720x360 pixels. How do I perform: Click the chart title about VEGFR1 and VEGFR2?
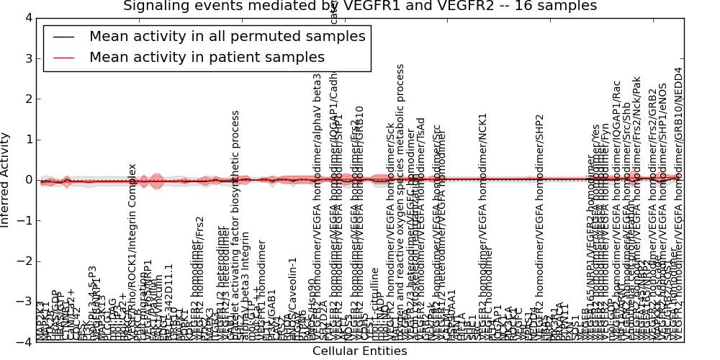(x=360, y=6)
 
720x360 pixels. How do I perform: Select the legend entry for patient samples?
(x=207, y=57)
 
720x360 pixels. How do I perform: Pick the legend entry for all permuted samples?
(x=227, y=36)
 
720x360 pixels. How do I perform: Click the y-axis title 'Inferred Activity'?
(x=6, y=180)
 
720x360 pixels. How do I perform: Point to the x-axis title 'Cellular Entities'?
(x=359, y=351)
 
